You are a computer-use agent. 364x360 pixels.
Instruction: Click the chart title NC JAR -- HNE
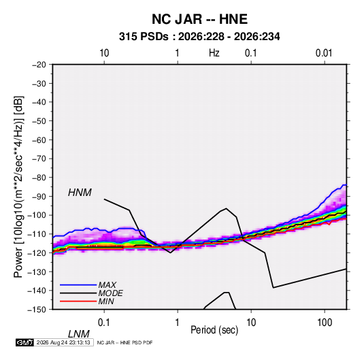pyautogui.click(x=199, y=19)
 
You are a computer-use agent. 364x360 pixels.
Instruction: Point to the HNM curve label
pyautogui.click(x=80, y=193)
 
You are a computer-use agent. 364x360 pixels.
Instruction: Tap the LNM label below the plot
pyautogui.click(x=78, y=334)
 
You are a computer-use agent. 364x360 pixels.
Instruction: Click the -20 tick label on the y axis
pyautogui.click(x=39, y=65)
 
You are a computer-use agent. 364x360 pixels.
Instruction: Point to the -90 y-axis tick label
pyautogui.click(x=39, y=197)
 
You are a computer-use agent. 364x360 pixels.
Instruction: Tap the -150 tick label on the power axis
pyautogui.click(x=37, y=310)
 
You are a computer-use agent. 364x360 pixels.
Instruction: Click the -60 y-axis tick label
pyautogui.click(x=39, y=140)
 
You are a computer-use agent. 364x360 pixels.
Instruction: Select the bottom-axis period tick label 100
pyautogui.click(x=325, y=323)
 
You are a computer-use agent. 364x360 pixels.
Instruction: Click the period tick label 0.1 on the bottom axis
pyautogui.click(x=103, y=323)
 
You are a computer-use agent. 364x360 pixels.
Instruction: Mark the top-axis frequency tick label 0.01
pyautogui.click(x=324, y=53)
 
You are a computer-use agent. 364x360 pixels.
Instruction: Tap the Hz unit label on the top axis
pyautogui.click(x=214, y=53)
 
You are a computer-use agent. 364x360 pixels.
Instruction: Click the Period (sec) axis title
pyautogui.click(x=214, y=330)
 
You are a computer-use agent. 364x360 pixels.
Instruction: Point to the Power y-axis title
pyautogui.click(x=18, y=187)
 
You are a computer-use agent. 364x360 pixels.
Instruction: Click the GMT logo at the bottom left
pyautogui.click(x=24, y=342)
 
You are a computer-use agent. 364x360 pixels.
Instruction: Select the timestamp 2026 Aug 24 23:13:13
pyautogui.click(x=63, y=342)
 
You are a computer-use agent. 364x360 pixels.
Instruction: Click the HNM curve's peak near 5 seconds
pyautogui.click(x=226, y=208)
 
